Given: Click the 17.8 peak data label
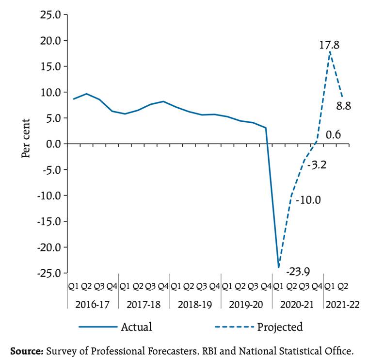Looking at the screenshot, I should tap(329, 45).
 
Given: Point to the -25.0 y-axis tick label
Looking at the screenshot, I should tap(48, 273).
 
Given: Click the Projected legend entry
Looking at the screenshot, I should tap(280, 327).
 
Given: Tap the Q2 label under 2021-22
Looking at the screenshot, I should tap(342, 286).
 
